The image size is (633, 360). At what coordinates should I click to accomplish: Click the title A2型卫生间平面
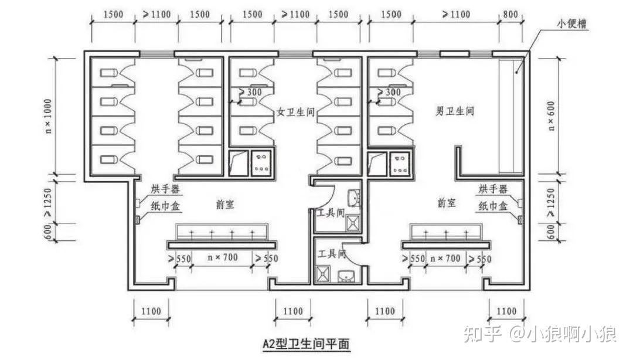tap(305, 343)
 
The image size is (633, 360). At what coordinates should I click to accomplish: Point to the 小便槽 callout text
tap(573, 25)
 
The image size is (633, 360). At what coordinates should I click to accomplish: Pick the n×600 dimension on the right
tap(551, 116)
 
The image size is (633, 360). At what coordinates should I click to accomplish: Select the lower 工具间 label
tap(332, 254)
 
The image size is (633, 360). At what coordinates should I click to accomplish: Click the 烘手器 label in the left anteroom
tap(166, 189)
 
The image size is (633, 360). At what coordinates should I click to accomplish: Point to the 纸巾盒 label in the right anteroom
tap(493, 205)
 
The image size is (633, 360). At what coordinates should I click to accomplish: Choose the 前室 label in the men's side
tap(446, 203)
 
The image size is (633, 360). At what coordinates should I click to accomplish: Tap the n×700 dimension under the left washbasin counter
tap(223, 258)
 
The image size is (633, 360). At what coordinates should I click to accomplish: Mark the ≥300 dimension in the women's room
tap(250, 93)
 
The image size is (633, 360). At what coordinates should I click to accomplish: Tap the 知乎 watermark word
tap(482, 334)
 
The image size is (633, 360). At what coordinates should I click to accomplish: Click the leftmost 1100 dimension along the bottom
tap(151, 311)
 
